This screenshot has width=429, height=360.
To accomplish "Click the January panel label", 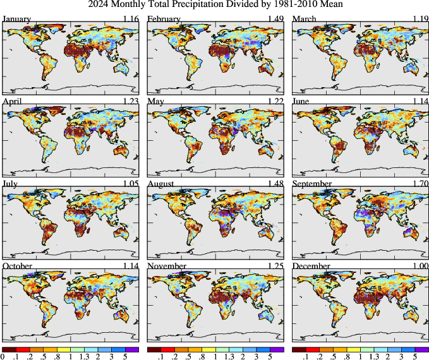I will tap(17, 18).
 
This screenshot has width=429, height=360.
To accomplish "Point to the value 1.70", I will tap(420, 183).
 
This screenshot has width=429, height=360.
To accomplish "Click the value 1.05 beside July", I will tap(130, 183).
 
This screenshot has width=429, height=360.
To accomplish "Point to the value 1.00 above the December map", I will tap(420, 266).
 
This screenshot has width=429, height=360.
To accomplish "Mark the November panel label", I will tap(167, 266).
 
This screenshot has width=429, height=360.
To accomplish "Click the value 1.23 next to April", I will tap(130, 101).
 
